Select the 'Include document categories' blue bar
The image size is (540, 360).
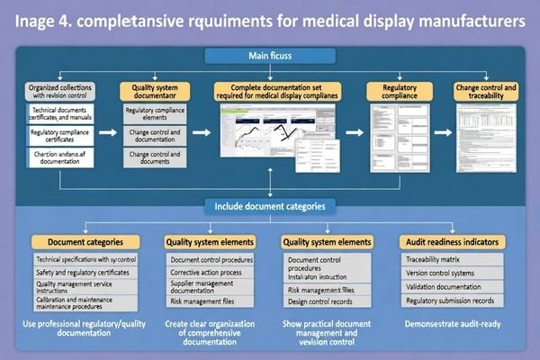[x=269, y=205]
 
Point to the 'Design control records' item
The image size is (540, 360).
[x=319, y=303]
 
